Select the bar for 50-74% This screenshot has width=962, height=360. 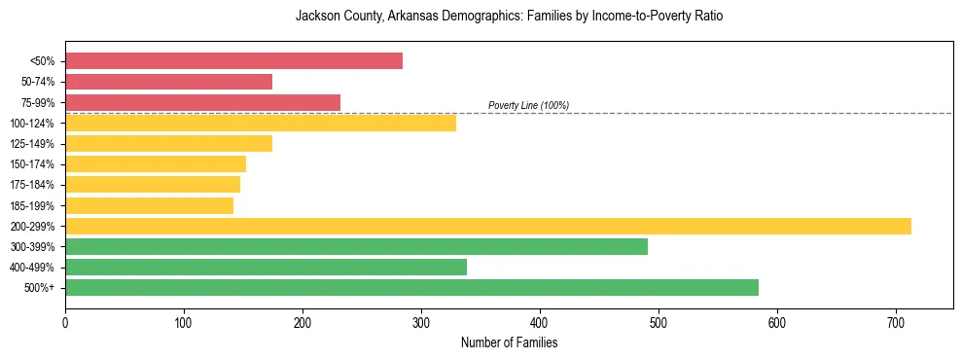click(168, 82)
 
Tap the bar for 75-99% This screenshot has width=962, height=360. click(202, 102)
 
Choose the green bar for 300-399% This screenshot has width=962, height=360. click(356, 246)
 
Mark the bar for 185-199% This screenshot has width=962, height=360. click(149, 205)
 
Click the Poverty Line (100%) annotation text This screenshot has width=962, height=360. click(528, 105)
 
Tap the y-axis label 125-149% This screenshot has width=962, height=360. click(32, 144)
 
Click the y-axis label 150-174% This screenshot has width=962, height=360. click(32, 164)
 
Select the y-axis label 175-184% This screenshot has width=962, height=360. click(32, 185)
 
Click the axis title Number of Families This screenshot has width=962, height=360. click(509, 342)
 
